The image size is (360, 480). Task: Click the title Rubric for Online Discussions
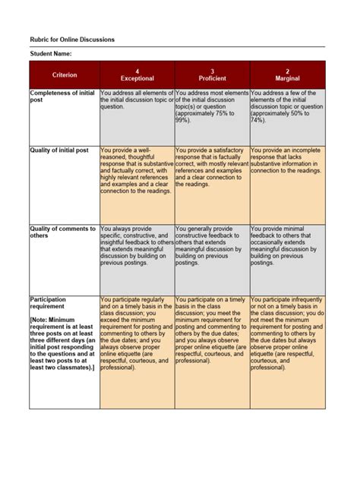72,39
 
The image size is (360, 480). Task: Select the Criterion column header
65,74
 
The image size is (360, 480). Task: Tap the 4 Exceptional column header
137,74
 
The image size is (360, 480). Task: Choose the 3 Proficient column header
212,74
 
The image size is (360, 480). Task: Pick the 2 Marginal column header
287,74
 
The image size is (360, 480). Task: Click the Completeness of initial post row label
62,96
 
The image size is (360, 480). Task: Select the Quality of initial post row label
59,150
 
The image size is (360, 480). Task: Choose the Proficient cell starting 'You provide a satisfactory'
212,167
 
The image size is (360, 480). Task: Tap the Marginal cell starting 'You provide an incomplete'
287,160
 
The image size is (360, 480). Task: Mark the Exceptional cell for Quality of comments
137,245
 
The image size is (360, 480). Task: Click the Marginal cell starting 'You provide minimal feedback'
287,245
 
